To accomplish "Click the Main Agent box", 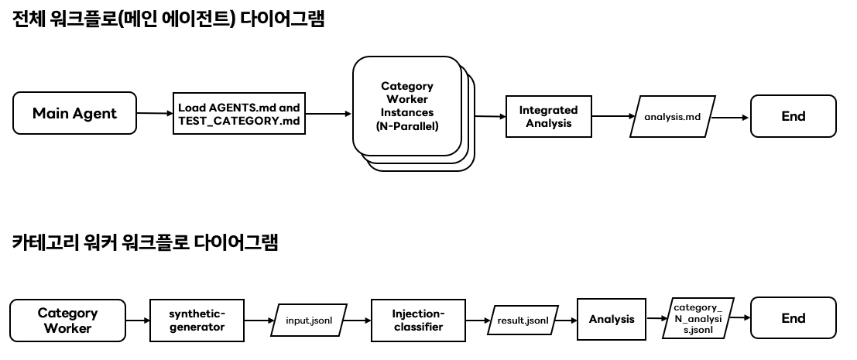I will pos(74,114).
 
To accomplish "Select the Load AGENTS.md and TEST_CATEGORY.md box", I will pos(238,114).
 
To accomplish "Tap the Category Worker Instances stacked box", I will pos(407,106).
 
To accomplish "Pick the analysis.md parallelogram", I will pos(672,116).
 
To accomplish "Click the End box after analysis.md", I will pos(793,116).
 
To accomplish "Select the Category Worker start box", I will pos(67,320).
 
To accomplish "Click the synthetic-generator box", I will pos(197,320).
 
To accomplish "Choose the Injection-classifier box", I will pos(418,320).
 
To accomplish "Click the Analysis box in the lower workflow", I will pos(611,319).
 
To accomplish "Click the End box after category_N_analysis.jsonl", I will pos(793,318).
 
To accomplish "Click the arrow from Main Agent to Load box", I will pos(155,114).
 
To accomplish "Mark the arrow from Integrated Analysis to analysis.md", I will pos(612,116).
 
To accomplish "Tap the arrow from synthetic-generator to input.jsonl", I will pos(260,319).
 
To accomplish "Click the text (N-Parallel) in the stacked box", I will pos(407,125).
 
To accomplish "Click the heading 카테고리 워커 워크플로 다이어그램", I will pos(146,242).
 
